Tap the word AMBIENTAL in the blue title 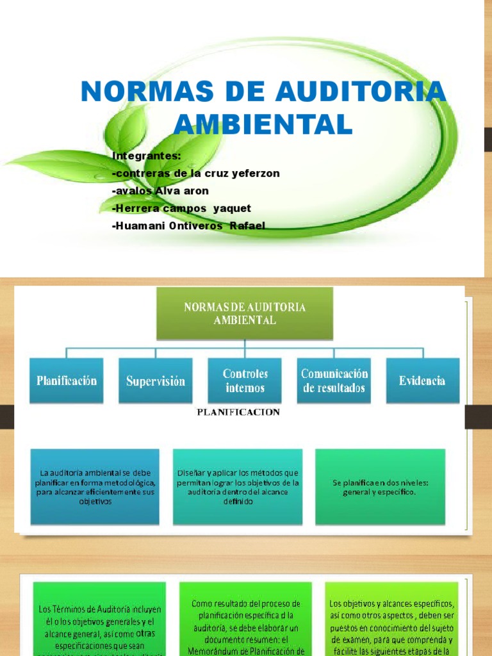click(264, 124)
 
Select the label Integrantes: click(147, 156)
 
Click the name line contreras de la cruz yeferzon click(195, 173)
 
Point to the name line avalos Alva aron click(160, 190)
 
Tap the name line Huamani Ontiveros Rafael click(188, 225)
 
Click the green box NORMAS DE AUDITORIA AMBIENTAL click(245, 313)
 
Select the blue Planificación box click(67, 381)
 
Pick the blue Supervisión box click(156, 381)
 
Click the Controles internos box click(245, 381)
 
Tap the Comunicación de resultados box click(334, 381)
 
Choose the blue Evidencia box click(422, 381)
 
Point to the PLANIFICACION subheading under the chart click(238, 412)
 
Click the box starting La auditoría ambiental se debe click(95, 487)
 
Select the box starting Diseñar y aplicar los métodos click(238, 487)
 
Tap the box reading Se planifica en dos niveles click(380, 487)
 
